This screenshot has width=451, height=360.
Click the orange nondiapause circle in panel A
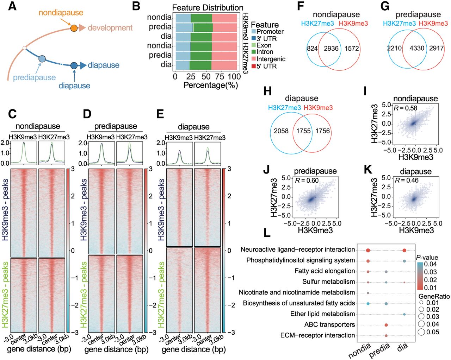74,28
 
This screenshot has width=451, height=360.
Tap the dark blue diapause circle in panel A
74,65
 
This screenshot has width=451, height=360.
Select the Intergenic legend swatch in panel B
254,59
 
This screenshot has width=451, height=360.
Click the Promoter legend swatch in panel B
254,32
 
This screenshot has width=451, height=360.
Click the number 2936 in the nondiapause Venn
331,49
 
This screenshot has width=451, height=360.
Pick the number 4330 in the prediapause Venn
417,48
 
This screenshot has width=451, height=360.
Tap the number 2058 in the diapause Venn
281,131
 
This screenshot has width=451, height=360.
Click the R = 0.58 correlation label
406,108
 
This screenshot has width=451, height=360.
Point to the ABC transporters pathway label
329,324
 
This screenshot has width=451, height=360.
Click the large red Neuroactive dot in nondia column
368,250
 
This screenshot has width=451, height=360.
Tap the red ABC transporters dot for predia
387,325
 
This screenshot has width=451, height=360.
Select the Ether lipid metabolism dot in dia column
404,314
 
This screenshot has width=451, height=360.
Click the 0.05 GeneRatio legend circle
421,332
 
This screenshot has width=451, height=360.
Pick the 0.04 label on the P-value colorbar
431,264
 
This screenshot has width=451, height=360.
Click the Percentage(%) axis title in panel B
211,85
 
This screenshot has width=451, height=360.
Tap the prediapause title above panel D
116,126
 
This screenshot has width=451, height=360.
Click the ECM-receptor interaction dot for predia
387,336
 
